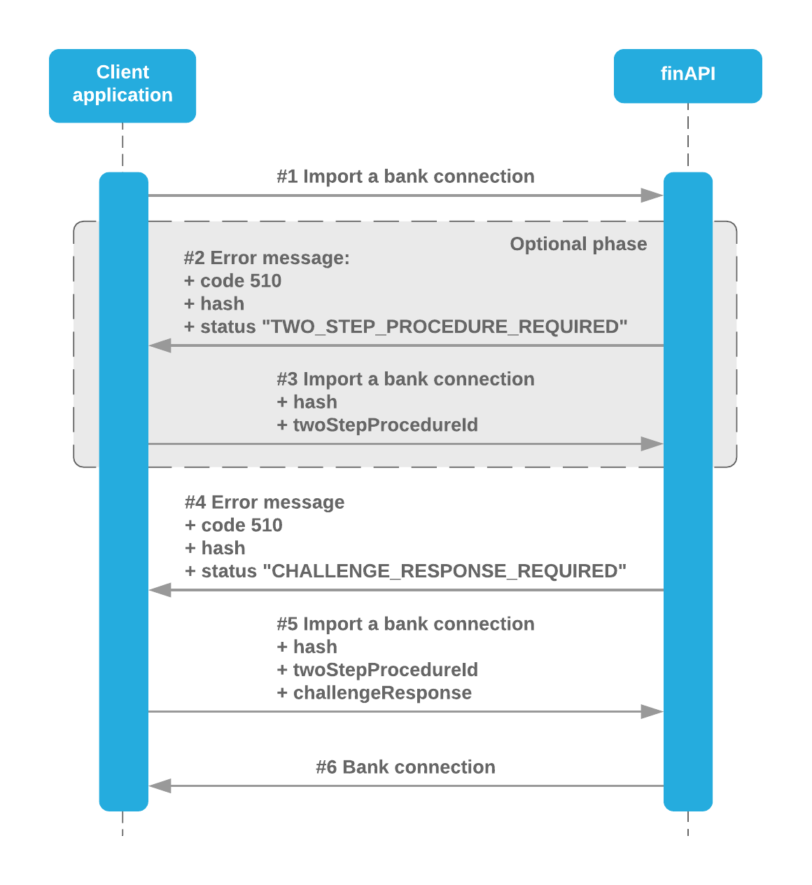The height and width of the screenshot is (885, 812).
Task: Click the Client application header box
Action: point(122,85)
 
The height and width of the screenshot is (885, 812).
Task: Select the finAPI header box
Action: point(687,76)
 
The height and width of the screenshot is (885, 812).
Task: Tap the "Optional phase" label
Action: point(578,244)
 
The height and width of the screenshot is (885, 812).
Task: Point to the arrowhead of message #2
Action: point(160,345)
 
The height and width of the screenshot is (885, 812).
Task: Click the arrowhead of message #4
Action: point(160,590)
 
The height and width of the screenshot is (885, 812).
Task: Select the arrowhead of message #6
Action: point(160,786)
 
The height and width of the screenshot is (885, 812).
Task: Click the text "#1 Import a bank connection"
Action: point(405,177)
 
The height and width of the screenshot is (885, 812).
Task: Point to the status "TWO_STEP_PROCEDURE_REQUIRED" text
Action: point(405,327)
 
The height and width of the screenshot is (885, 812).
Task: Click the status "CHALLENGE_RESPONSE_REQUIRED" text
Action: point(405,572)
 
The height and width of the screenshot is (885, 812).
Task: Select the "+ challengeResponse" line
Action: point(374,693)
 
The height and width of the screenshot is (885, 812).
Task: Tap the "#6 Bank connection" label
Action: point(405,767)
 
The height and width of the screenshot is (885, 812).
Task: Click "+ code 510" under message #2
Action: point(232,281)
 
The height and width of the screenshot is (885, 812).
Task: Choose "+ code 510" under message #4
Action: point(233,526)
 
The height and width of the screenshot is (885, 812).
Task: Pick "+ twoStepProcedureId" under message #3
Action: point(377,425)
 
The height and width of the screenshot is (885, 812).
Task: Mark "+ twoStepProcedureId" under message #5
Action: point(377,670)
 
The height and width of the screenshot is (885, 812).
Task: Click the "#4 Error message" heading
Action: point(265,502)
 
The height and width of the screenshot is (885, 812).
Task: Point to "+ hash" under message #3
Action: point(307,402)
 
